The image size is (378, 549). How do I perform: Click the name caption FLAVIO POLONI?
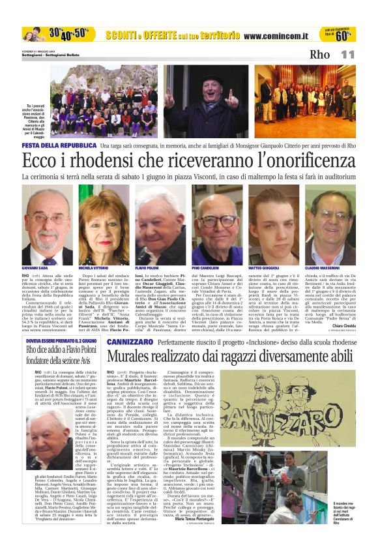tap(148, 268)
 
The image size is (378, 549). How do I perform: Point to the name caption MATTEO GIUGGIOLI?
tap(265, 268)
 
